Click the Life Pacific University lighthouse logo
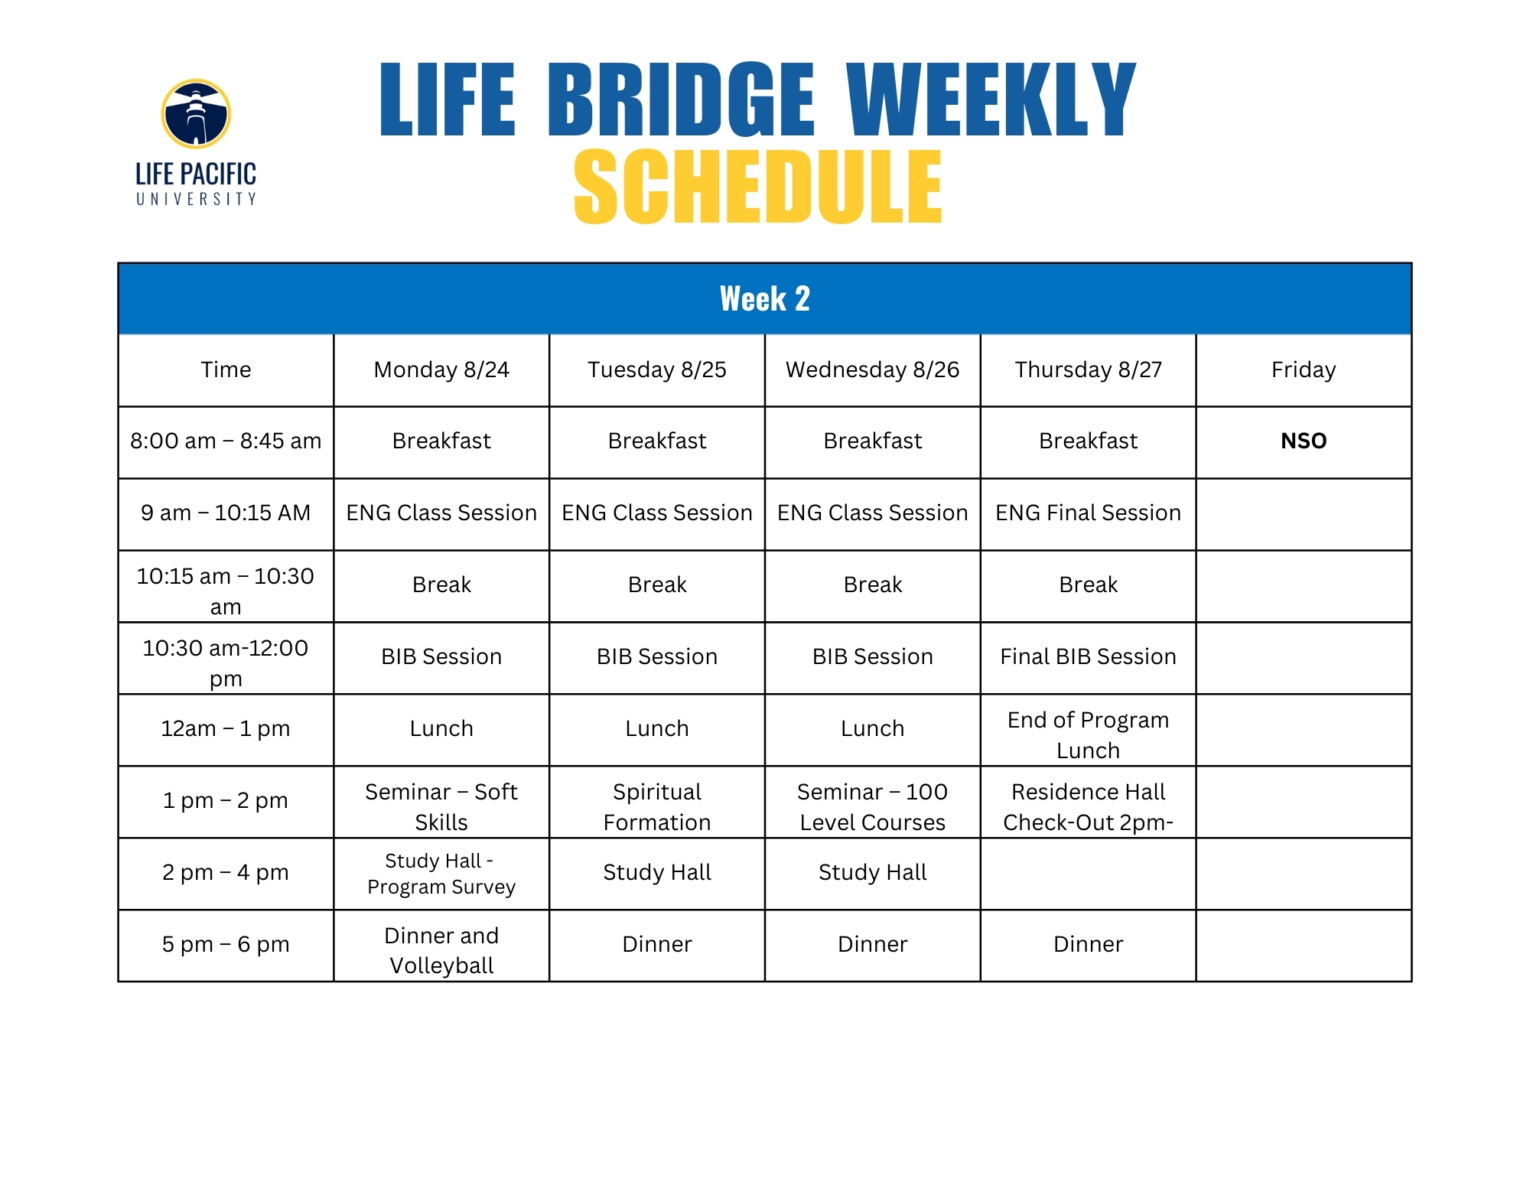(196, 114)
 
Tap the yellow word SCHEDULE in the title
(758, 187)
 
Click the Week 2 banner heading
(765, 298)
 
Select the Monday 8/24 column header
(441, 370)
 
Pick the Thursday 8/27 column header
(1089, 370)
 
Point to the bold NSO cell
(1304, 441)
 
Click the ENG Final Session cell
(1089, 513)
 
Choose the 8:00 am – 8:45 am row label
(226, 441)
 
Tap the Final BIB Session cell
(1089, 656)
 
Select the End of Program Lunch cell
(1089, 734)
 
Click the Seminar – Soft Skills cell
(441, 806)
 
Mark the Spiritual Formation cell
(657, 806)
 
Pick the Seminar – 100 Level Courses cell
(873, 806)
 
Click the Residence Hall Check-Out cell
(1089, 806)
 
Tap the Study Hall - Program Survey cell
(441, 874)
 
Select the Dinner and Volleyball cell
(441, 950)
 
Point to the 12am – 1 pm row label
(226, 728)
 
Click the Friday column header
(1304, 370)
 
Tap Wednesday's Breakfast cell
(873, 441)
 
